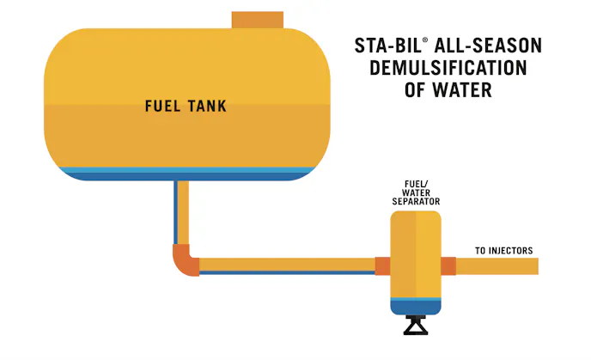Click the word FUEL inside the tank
click(x=160, y=107)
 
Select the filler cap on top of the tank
click(x=257, y=20)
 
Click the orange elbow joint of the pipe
click(x=184, y=259)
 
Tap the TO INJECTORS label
click(x=504, y=251)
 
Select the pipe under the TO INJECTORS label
click(x=498, y=266)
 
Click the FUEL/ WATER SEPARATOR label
click(x=416, y=192)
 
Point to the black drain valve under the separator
click(x=416, y=326)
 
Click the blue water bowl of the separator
click(x=416, y=305)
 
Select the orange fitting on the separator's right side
click(x=448, y=266)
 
